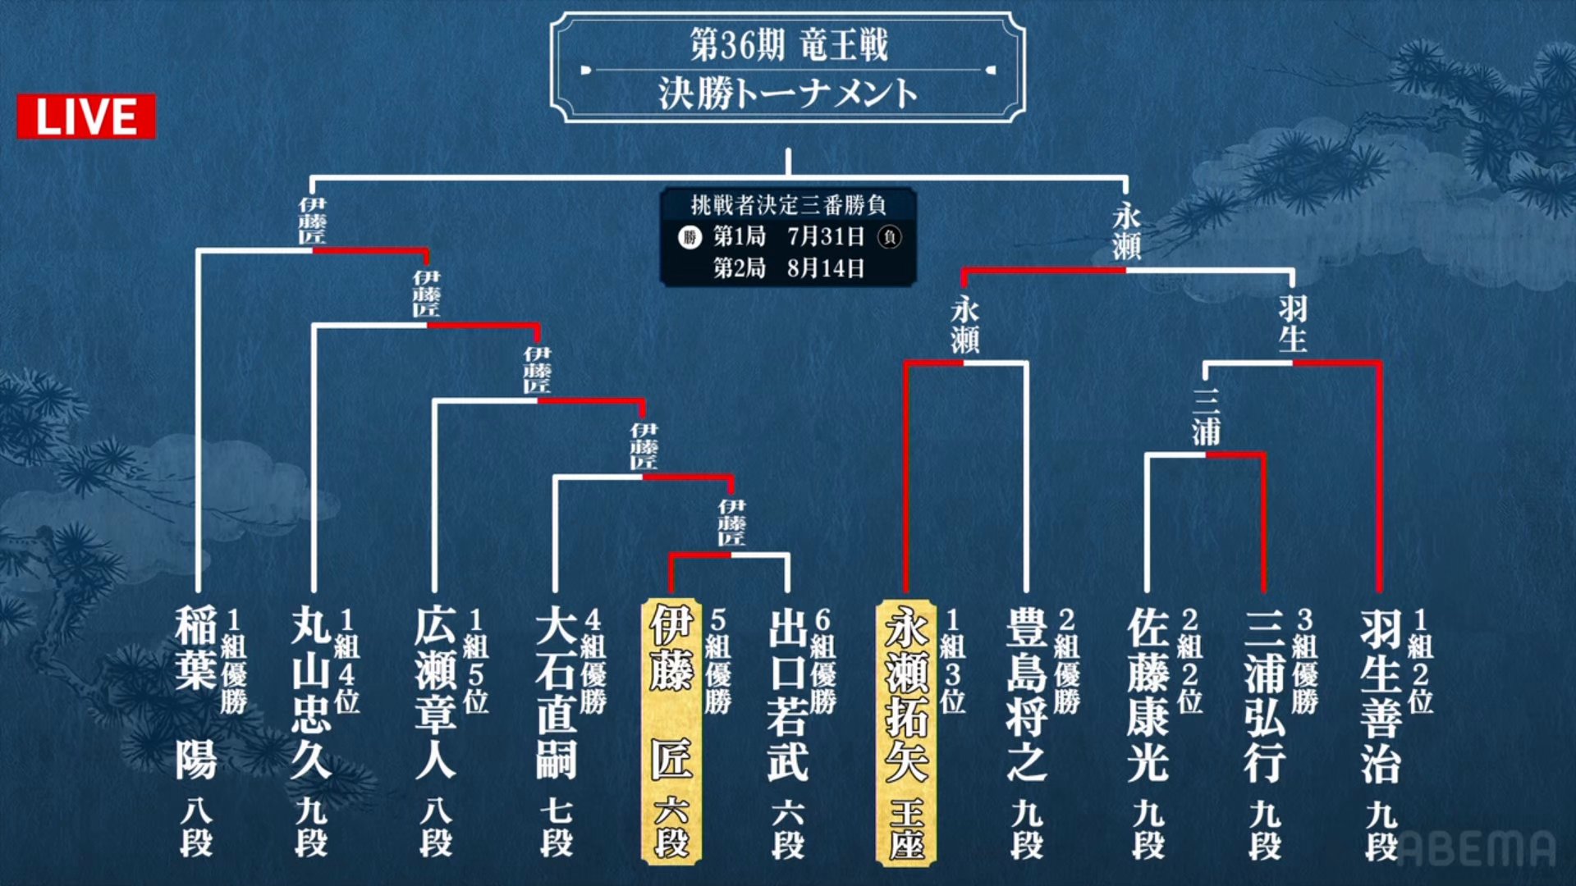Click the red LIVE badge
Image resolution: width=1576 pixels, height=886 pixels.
(x=86, y=116)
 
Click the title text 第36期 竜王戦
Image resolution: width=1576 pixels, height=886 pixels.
(x=788, y=44)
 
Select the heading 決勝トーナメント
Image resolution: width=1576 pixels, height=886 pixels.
(x=788, y=94)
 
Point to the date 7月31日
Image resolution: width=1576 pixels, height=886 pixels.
(x=826, y=237)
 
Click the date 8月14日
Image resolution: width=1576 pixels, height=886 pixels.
(x=826, y=268)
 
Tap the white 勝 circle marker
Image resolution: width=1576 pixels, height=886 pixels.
(x=689, y=238)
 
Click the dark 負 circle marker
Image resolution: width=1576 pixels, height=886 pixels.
(x=890, y=238)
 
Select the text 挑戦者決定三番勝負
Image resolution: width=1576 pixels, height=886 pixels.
(x=788, y=204)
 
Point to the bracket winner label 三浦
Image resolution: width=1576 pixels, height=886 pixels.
(x=1206, y=417)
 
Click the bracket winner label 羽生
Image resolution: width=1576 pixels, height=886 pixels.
(x=1293, y=323)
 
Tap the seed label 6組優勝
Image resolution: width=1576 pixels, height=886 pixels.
(x=823, y=660)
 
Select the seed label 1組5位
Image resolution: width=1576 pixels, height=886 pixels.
(x=476, y=660)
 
